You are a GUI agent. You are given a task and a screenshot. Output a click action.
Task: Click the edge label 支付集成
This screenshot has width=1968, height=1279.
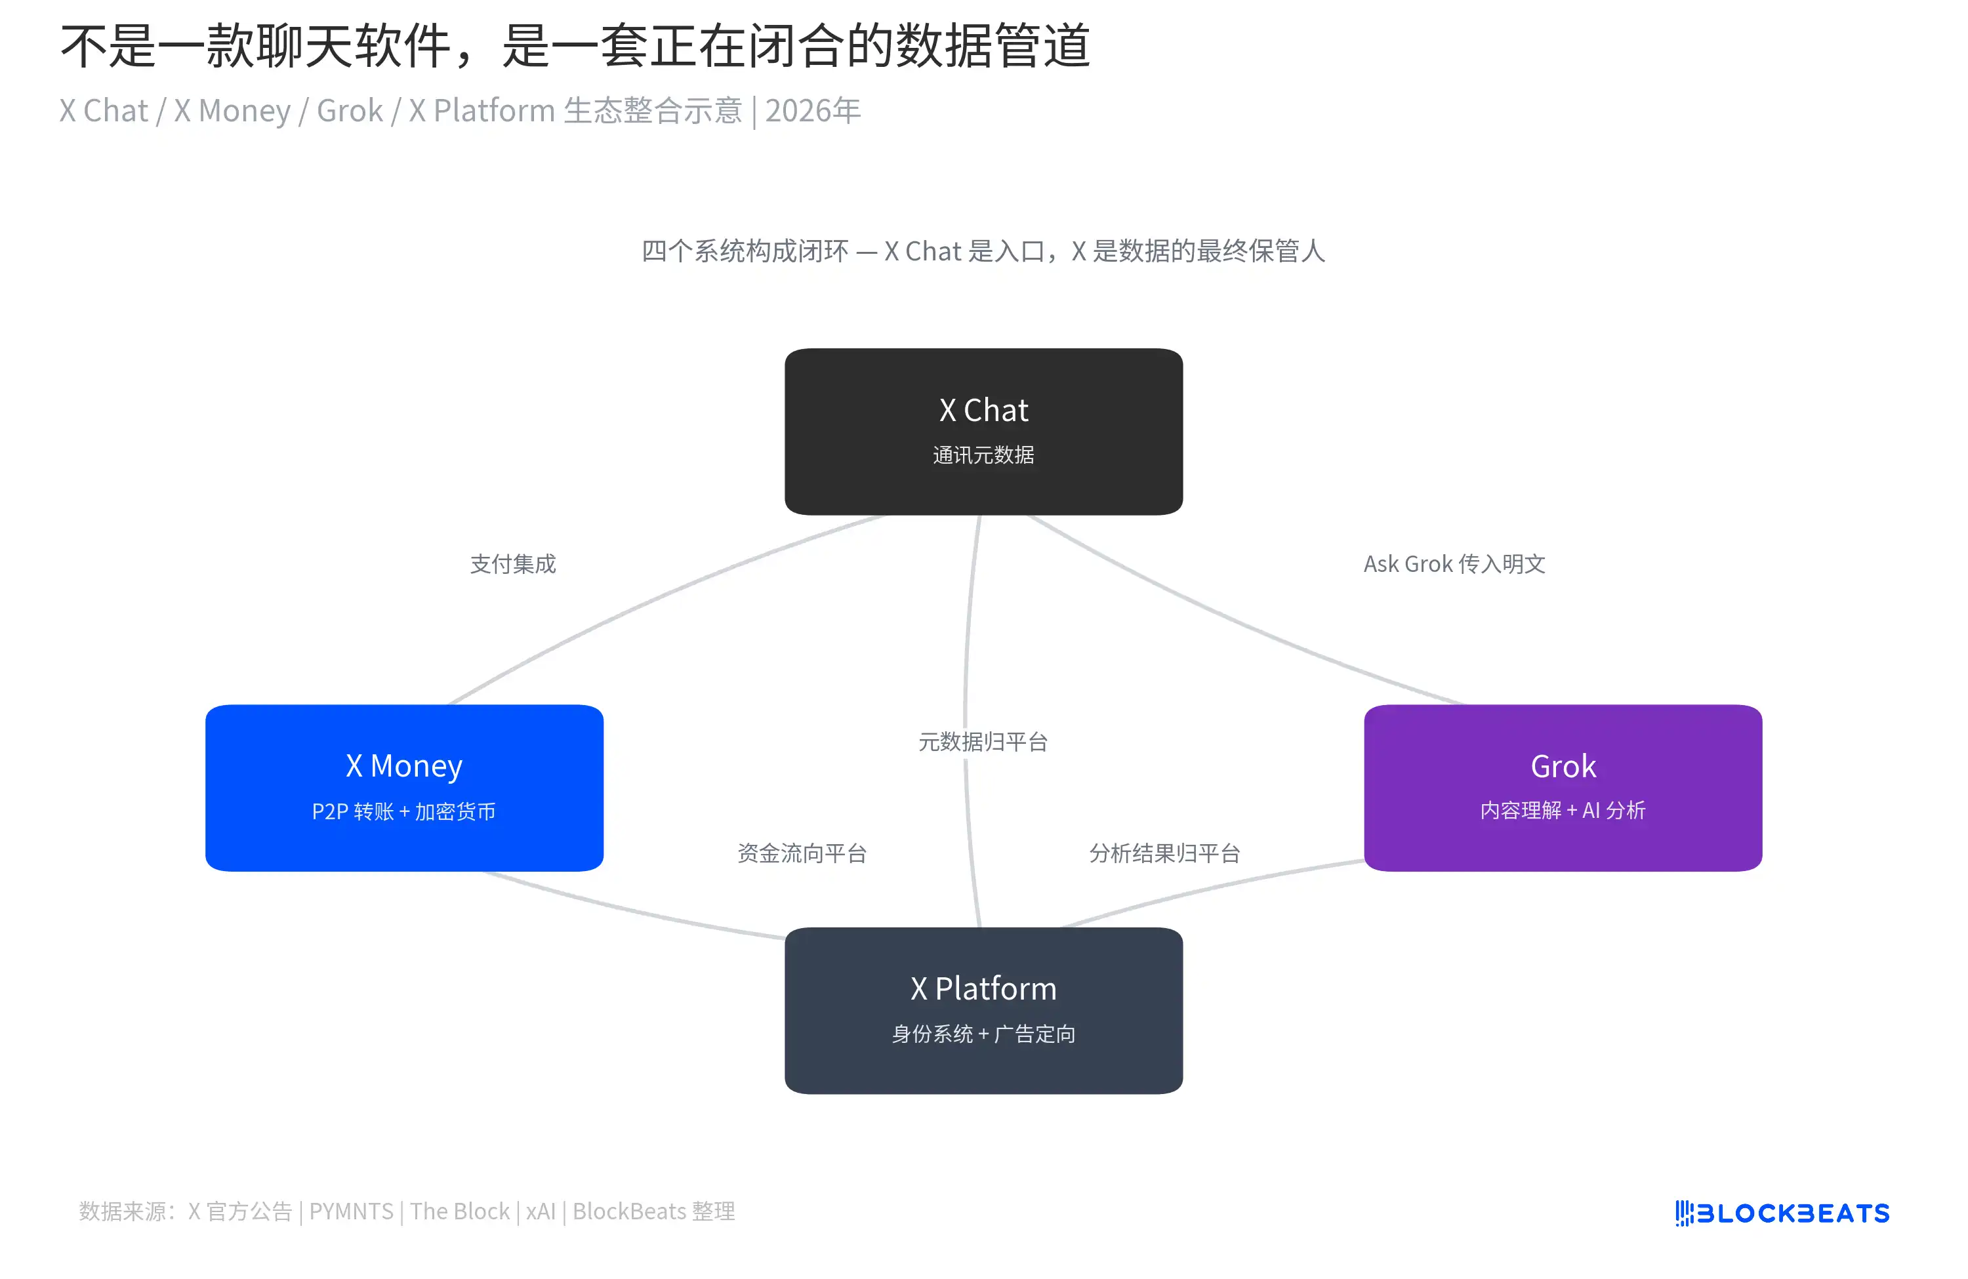[x=513, y=564]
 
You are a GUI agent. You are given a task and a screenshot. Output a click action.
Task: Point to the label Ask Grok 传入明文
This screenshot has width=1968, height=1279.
[x=1454, y=564]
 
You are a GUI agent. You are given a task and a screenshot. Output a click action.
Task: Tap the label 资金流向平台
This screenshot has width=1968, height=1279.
[x=801, y=853]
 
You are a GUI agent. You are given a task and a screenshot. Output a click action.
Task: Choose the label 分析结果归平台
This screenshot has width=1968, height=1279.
[x=1164, y=853]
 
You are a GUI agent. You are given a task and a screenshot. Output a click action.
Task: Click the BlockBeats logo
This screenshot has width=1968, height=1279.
[x=1782, y=1212]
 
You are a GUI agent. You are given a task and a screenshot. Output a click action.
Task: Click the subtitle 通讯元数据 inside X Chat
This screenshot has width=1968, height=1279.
[x=983, y=455]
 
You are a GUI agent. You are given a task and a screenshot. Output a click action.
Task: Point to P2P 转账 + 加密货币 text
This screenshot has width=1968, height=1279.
[x=403, y=811]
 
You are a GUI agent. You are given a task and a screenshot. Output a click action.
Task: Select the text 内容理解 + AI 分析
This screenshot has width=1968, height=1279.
[x=1562, y=809]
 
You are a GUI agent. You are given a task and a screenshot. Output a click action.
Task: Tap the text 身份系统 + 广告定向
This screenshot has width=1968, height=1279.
[x=983, y=1034]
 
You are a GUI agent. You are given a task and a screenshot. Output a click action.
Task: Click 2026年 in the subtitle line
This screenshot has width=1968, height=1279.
[x=812, y=110]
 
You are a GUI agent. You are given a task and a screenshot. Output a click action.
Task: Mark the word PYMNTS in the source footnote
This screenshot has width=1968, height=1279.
[x=350, y=1211]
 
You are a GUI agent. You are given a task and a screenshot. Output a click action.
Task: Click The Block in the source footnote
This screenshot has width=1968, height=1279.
[x=460, y=1211]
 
